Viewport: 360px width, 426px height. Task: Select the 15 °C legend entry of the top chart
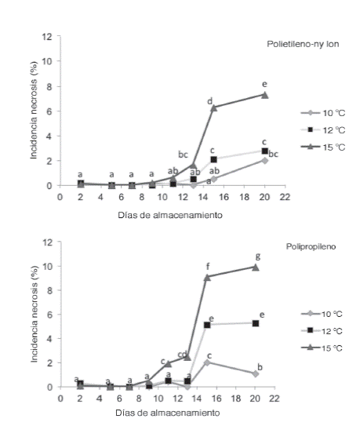coord(318,146)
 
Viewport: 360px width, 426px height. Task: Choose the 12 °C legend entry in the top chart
coord(318,129)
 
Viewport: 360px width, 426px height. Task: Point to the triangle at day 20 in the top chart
coord(264,95)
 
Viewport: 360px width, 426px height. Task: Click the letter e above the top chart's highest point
coord(264,84)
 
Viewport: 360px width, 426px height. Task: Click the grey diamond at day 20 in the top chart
coord(264,160)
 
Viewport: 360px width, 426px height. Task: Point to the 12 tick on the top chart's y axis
coord(48,37)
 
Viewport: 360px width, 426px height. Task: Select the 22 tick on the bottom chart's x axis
coord(275,398)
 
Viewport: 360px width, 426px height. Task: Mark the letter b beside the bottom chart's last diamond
coord(271,367)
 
